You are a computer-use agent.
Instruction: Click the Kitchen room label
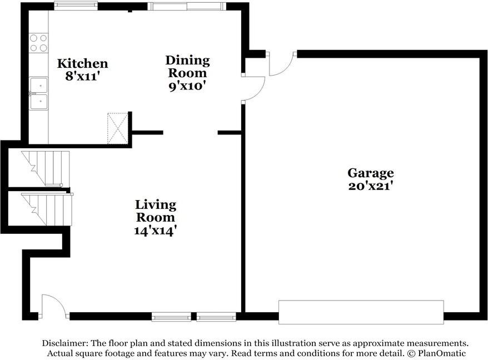pyautogui.click(x=82, y=63)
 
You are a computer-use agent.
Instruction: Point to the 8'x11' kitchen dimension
pyautogui.click(x=82, y=76)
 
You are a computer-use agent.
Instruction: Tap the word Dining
pyautogui.click(x=187, y=61)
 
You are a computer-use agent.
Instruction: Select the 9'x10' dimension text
pyautogui.click(x=188, y=85)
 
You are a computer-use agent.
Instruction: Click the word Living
pyautogui.click(x=156, y=205)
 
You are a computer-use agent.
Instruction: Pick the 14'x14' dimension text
pyautogui.click(x=155, y=231)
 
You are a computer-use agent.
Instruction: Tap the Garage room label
pyautogui.click(x=370, y=173)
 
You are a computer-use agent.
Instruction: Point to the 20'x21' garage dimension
pyautogui.click(x=370, y=186)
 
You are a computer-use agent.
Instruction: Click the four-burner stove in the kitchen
pyautogui.click(x=38, y=43)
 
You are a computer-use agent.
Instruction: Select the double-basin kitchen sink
pyautogui.click(x=38, y=93)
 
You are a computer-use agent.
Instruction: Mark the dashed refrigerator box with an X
pyautogui.click(x=117, y=128)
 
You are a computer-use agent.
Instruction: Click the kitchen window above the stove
pyautogui.click(x=76, y=6)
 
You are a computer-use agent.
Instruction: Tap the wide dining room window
pyautogui.click(x=187, y=6)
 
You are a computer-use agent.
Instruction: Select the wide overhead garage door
pyautogui.click(x=361, y=312)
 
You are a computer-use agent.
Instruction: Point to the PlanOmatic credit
pyautogui.click(x=442, y=353)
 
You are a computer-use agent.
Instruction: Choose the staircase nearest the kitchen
pyautogui.click(x=46, y=168)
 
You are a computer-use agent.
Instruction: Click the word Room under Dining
pyautogui.click(x=187, y=73)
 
